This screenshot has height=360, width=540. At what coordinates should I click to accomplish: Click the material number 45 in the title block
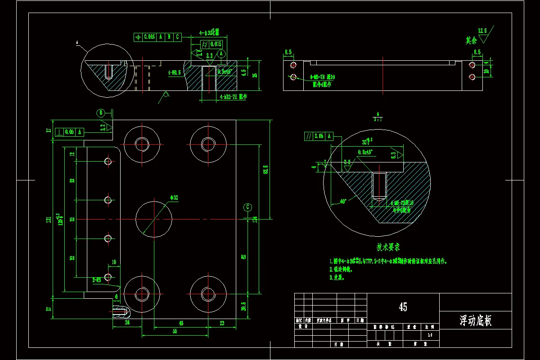(x=403, y=307)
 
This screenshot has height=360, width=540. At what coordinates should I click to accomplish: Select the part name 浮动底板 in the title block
(x=475, y=321)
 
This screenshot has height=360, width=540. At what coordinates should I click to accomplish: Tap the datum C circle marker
(x=247, y=207)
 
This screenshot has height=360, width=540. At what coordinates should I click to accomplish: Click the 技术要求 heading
(x=388, y=247)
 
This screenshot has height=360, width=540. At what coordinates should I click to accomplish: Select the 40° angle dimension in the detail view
(x=343, y=202)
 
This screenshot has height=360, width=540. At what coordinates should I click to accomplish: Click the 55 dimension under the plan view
(x=175, y=331)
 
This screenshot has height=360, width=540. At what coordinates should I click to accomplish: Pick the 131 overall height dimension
(x=48, y=219)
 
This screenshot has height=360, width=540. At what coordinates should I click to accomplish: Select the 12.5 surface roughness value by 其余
(x=482, y=31)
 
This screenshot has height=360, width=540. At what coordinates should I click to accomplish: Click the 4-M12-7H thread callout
(x=233, y=96)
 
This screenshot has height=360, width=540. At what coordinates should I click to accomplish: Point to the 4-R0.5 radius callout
(x=174, y=72)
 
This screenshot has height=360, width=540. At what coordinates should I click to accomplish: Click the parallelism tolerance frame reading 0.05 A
(x=319, y=136)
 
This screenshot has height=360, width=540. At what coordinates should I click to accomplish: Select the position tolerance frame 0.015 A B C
(x=157, y=37)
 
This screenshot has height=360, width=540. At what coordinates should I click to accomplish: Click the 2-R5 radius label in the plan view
(x=97, y=279)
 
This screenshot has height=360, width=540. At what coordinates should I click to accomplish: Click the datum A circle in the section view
(x=221, y=53)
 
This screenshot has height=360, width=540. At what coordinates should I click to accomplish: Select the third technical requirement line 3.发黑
(x=337, y=278)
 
